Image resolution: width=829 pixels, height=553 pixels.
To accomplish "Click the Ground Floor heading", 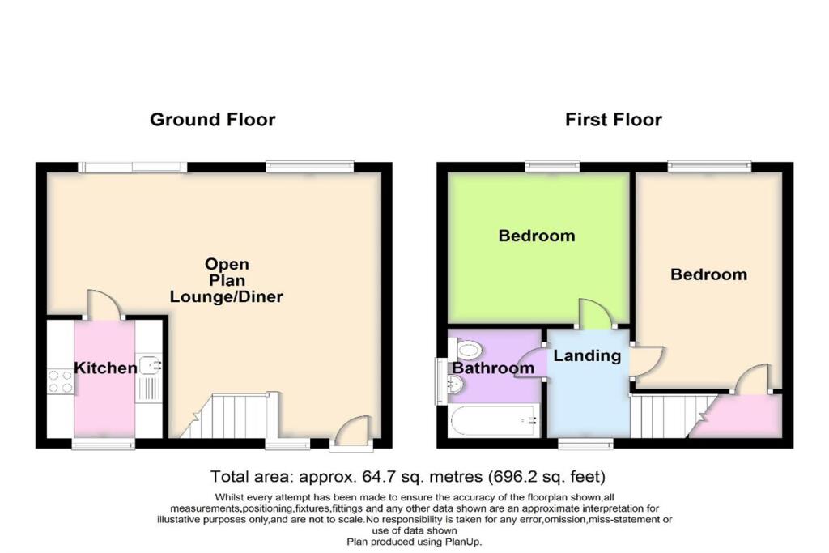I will pyautogui.click(x=212, y=120).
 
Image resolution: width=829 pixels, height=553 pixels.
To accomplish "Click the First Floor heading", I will pyautogui.click(x=613, y=120).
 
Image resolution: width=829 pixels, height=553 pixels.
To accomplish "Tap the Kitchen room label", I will pyautogui.click(x=105, y=368).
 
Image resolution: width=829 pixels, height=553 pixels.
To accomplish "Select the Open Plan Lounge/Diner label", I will pyautogui.click(x=227, y=280).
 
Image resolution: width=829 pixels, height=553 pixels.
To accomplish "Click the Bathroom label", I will pyautogui.click(x=493, y=368).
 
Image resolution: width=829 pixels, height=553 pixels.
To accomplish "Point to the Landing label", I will pyautogui.click(x=587, y=355).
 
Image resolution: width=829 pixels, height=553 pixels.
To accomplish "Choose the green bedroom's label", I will pyautogui.click(x=537, y=236).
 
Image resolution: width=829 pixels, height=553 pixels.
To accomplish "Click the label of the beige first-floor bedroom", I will pyautogui.click(x=708, y=274).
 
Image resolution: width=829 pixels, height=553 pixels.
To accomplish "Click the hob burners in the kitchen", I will pyautogui.click(x=61, y=381).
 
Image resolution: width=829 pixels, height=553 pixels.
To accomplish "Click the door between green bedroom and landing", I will pyautogui.click(x=591, y=314).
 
